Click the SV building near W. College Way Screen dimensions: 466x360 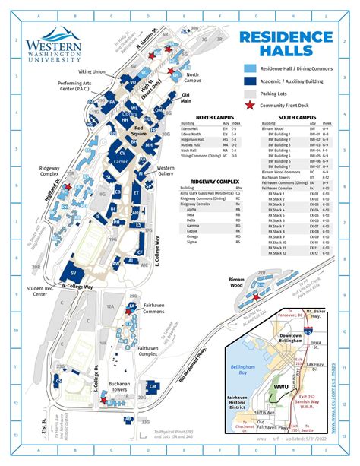pos(73,272)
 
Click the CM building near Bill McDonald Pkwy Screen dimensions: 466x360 pos(153,388)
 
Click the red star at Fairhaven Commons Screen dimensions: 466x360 pos(131,307)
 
